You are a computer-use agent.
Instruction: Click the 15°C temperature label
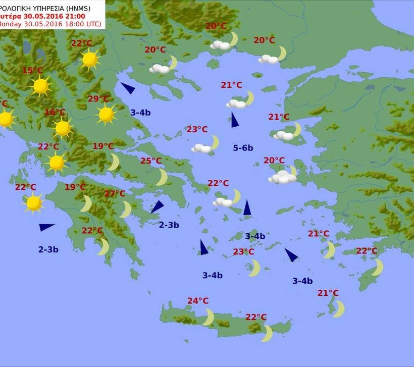[32, 71]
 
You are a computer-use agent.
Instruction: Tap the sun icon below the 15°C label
[40, 86]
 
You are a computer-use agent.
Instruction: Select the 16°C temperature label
[55, 113]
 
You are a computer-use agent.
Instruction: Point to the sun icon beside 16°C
[63, 128]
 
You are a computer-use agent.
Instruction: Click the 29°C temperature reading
[98, 99]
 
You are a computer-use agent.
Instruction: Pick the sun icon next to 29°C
[106, 115]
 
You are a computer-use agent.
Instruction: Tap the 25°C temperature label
[150, 161]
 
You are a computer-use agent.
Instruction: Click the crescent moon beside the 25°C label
[162, 177]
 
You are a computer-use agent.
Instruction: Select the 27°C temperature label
[115, 193]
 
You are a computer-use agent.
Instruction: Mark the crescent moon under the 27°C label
[126, 209]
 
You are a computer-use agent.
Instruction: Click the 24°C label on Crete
[198, 301]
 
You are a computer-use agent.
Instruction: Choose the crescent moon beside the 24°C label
[209, 318]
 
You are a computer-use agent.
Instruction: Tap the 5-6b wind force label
[243, 148]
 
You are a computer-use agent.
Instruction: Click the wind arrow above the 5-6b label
[234, 120]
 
